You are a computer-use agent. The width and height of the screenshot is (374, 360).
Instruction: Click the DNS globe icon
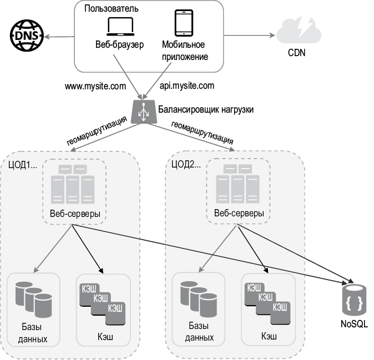[x=22, y=36]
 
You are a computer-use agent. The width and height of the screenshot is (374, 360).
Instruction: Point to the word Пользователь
[x=112, y=9]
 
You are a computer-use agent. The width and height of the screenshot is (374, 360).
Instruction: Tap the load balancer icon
[x=143, y=110]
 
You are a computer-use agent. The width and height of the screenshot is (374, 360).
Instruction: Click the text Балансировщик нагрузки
[x=206, y=110]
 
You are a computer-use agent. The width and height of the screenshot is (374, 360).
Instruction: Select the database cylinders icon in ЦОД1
[x=35, y=298]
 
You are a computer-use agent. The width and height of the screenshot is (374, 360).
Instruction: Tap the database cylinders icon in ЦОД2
[x=199, y=298]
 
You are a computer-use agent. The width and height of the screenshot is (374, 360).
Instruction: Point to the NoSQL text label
[x=354, y=324]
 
